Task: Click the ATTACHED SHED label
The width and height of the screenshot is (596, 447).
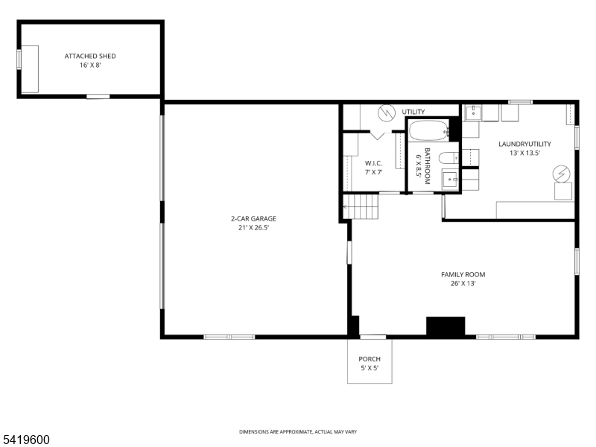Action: (90, 56)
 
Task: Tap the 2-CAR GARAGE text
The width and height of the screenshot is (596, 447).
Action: (253, 218)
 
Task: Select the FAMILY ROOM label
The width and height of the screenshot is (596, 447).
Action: (463, 274)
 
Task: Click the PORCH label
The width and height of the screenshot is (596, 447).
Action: (370, 359)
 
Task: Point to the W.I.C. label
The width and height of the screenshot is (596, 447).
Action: (373, 163)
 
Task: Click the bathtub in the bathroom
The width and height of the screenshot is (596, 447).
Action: (428, 132)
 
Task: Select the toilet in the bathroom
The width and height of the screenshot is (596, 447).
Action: (447, 157)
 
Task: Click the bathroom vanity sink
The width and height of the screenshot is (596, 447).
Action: (449, 180)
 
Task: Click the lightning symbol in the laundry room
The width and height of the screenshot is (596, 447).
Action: (561, 174)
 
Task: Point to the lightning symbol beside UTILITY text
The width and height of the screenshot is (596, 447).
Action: (386, 112)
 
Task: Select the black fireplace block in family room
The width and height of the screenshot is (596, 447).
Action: (446, 326)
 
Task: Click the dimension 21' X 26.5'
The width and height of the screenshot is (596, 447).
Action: (253, 228)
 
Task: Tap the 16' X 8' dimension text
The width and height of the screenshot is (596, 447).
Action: (90, 66)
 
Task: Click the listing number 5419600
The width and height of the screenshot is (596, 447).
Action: (25, 440)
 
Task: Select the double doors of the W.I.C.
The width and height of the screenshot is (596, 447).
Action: (378, 136)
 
